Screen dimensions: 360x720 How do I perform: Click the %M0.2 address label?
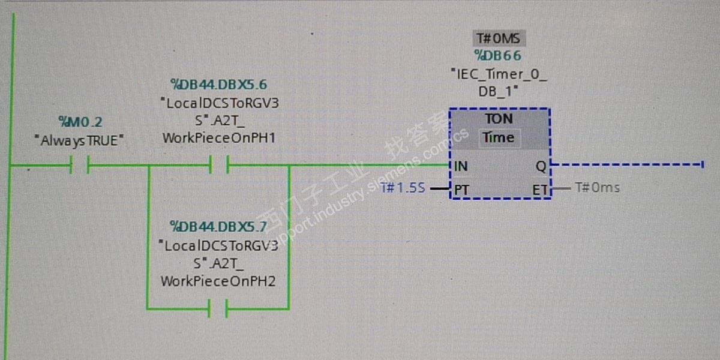tap(80, 122)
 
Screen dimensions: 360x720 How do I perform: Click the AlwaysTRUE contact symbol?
tap(79, 164)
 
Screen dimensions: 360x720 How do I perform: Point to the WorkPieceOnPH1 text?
tap(219, 138)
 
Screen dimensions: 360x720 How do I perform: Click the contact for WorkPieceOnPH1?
tap(219, 164)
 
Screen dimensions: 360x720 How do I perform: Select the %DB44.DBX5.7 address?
tap(218, 227)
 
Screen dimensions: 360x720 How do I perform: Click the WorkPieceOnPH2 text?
tap(218, 281)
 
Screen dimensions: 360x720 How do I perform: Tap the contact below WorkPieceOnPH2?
tap(218, 309)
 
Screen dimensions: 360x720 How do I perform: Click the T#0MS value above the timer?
tap(499, 39)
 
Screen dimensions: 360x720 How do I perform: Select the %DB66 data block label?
tap(498, 56)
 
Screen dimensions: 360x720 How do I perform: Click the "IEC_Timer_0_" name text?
tap(499, 74)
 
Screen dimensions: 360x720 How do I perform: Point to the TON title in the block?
tap(499, 119)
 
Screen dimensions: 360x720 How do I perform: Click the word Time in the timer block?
tap(499, 137)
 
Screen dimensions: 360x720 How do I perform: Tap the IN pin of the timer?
tap(461, 166)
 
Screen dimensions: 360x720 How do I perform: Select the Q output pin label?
tap(540, 166)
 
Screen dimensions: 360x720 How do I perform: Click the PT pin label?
tap(461, 190)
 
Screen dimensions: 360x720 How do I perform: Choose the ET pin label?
tap(539, 190)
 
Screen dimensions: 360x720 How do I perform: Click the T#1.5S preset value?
tap(403, 188)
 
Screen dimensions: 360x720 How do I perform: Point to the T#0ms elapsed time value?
tap(597, 188)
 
